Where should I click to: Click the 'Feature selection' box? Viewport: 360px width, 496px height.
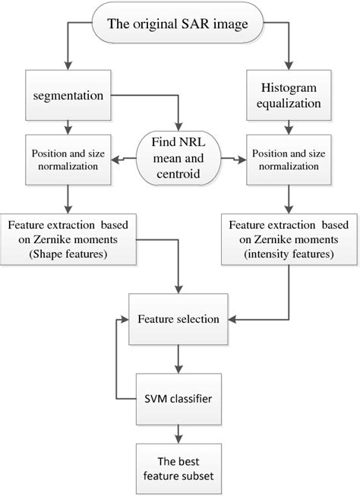click(179, 320)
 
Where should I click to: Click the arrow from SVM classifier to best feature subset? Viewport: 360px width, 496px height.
click(179, 433)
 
